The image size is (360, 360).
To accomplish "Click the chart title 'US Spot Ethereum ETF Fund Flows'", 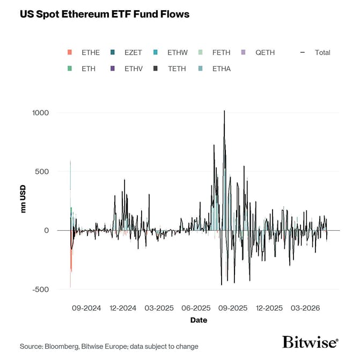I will [x=105, y=14].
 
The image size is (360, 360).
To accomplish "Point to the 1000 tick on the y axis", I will [x=40, y=113].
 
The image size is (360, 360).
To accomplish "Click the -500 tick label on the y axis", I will [x=40, y=289].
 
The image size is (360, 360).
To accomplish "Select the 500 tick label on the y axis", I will [x=42, y=172].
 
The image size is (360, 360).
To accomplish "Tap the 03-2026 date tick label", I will [x=305, y=308].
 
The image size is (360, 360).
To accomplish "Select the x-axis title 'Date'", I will [x=199, y=320].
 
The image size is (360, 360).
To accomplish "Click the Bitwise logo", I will [x=310, y=342].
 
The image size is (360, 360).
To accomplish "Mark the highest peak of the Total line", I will [x=224, y=111].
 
